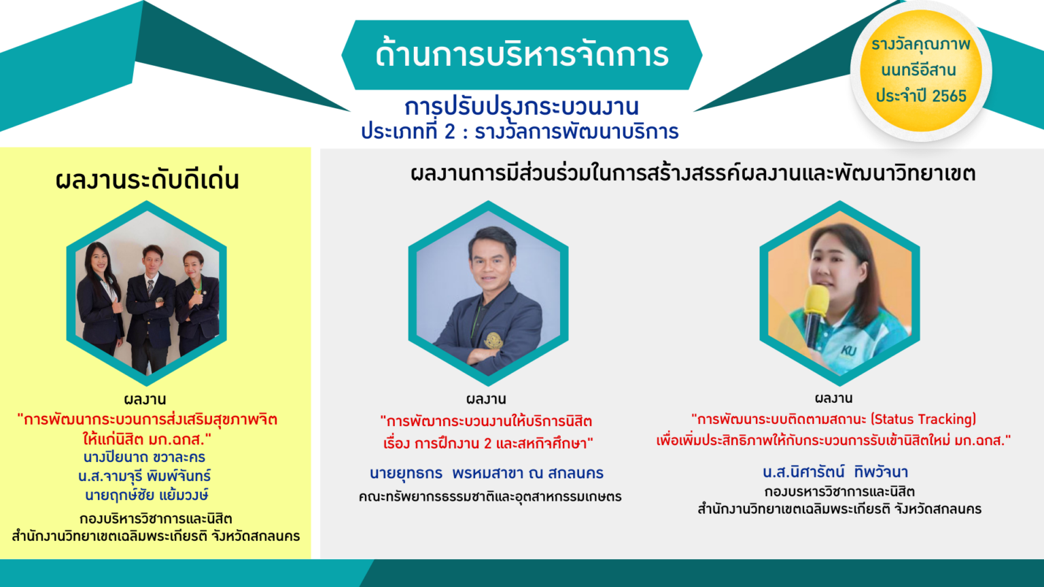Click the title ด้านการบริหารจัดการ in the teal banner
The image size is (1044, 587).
click(x=522, y=54)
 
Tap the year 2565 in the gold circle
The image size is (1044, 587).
click(x=950, y=96)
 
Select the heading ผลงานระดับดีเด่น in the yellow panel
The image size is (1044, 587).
click(x=147, y=180)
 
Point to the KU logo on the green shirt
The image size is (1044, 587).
click(x=848, y=351)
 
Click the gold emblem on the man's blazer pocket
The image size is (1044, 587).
click(x=493, y=340)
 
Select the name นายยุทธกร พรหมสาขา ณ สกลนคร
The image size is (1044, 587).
click(x=487, y=474)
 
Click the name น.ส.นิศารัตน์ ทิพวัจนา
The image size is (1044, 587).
click(x=835, y=472)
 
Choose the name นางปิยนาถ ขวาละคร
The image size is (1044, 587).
click(x=145, y=457)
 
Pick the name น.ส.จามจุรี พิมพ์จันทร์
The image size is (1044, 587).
click(x=145, y=476)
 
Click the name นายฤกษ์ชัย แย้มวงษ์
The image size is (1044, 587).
click(x=146, y=495)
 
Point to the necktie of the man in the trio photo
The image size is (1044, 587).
click(x=150, y=288)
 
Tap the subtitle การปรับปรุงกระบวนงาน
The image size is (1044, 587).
click(x=521, y=107)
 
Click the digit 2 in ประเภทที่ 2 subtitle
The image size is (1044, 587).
click(x=449, y=131)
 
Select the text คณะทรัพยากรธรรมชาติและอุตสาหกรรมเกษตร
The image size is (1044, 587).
click(x=490, y=497)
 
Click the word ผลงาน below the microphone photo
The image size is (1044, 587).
click(x=834, y=398)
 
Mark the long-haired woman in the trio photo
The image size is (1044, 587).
click(x=99, y=298)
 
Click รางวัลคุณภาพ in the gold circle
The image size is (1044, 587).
click(x=921, y=45)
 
